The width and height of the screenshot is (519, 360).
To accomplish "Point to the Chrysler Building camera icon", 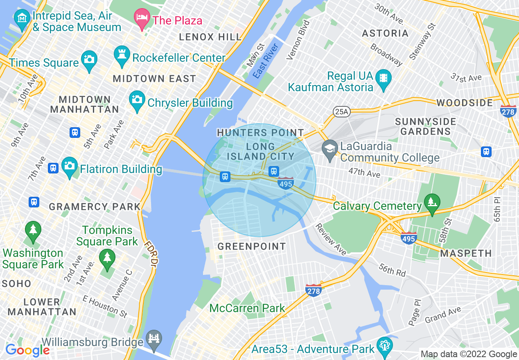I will coord(137,99).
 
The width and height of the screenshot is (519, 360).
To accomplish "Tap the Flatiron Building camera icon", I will coord(70,166).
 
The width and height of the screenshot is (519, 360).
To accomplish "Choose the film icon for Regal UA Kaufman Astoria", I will coord(384,77).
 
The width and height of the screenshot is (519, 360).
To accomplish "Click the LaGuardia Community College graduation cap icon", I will coord(329,148).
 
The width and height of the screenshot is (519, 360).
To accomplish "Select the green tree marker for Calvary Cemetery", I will coord(431,202).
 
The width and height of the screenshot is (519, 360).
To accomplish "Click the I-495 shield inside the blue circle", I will coord(285,183).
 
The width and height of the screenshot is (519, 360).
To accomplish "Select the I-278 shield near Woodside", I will coord(508,111).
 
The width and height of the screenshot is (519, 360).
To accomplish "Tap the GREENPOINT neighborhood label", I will coord(251,246).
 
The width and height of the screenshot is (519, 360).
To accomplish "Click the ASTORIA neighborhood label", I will coord(385,33).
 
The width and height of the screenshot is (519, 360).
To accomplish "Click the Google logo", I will coord(27,350).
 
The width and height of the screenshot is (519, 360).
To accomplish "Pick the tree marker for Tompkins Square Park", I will coord(107,259).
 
